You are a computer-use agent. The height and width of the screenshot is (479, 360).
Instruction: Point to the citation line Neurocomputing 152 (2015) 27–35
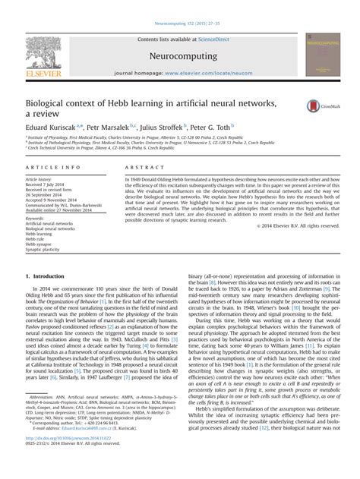[180, 4]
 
